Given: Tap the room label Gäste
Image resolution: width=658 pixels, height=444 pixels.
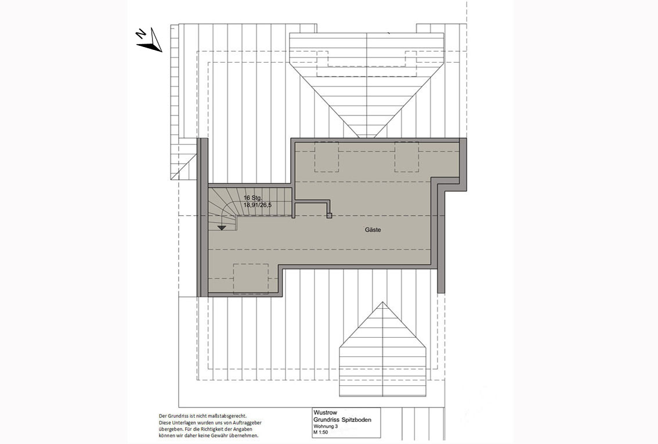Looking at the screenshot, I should tap(373, 230).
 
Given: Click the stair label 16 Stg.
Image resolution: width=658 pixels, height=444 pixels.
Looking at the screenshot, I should tap(254, 198).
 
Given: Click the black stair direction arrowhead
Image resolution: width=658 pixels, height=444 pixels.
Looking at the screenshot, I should tap(222, 228).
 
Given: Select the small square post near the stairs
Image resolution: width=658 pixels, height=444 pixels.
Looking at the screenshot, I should tap(329, 216).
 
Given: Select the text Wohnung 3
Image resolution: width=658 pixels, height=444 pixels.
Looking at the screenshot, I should tap(326, 427).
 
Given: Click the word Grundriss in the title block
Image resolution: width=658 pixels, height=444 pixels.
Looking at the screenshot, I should tap(325, 420).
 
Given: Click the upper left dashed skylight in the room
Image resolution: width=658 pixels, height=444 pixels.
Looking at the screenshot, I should tap(326, 156).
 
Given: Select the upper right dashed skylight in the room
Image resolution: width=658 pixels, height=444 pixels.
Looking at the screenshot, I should tap(407, 156).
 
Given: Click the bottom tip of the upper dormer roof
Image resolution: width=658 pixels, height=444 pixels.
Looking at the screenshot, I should tap(367, 136).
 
